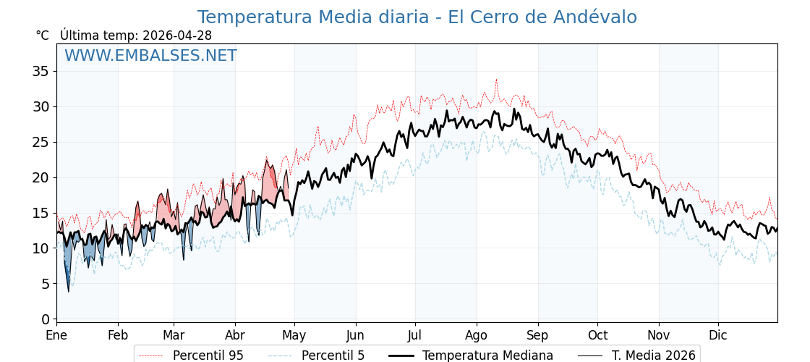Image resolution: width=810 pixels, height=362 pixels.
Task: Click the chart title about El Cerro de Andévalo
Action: [417, 17]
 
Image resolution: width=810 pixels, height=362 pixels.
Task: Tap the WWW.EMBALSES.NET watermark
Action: [150, 56]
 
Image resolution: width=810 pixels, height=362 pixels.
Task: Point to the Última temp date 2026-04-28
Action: [177, 35]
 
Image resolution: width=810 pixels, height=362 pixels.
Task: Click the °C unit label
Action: [42, 35]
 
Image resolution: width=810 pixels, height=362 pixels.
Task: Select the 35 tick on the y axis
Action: [40, 71]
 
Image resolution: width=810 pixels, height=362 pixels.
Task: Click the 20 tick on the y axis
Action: [40, 177]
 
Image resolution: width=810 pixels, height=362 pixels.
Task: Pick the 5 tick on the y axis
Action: [45, 284]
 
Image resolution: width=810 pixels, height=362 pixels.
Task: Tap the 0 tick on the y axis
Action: [45, 319]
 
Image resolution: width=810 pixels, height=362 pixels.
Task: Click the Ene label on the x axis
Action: [56, 336]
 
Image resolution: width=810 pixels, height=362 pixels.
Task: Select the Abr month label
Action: [235, 336]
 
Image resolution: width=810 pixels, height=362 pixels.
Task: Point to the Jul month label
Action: [415, 336]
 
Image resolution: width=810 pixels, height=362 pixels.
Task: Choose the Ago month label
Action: [477, 336]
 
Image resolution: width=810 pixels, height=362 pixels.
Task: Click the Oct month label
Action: [597, 336]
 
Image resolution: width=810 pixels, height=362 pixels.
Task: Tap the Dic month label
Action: [718, 336]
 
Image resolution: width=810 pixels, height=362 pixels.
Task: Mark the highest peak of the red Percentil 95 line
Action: [496, 80]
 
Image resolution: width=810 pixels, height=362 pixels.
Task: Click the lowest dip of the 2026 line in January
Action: [69, 291]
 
